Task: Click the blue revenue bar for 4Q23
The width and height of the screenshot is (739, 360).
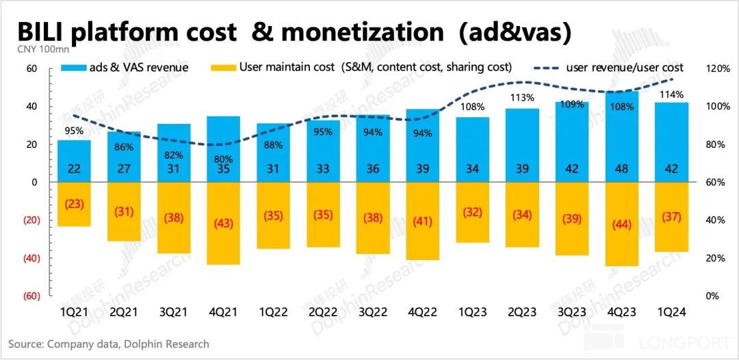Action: [x=622, y=137]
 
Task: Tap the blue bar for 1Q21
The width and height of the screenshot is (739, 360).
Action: [x=74, y=162]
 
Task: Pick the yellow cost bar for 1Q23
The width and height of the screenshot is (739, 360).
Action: [x=472, y=212]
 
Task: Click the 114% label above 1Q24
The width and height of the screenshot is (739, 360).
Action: [x=672, y=94]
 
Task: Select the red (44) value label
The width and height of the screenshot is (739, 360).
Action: [x=622, y=224]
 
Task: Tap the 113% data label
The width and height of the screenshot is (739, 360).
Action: [x=522, y=97]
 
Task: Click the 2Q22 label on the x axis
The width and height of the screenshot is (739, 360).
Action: [x=322, y=311]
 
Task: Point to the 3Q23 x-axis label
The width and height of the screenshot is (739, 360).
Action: [x=572, y=311]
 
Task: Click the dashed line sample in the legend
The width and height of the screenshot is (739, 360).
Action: [x=537, y=68]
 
